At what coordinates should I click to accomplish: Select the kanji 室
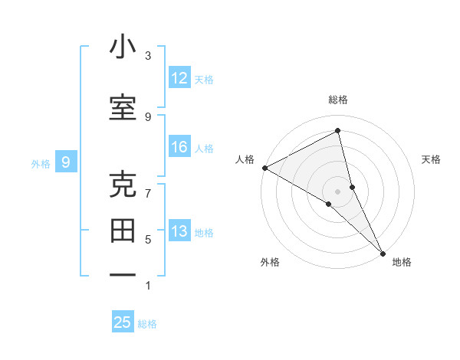123,106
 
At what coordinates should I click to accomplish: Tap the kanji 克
123,184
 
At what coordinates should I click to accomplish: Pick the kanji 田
123,230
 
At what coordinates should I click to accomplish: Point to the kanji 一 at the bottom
123,275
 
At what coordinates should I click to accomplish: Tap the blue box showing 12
179,77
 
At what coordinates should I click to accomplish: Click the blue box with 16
179,147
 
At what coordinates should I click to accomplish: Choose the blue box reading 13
179,231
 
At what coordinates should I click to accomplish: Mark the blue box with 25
123,322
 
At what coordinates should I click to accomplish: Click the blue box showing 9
66,162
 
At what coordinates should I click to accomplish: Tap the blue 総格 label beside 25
147,324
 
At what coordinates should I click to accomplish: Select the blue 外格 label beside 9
40,163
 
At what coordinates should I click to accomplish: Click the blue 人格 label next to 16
204,149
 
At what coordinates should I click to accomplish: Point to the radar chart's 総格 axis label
337,100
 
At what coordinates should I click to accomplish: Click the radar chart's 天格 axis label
431,159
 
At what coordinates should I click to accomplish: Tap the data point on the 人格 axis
264,167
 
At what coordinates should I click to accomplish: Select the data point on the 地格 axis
382,252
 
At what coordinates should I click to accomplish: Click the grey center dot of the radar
337,191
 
